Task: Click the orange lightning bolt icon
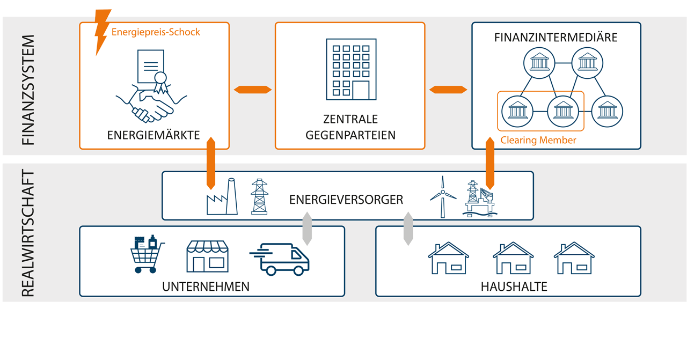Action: coord(103,31)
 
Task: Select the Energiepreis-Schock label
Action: coord(156,32)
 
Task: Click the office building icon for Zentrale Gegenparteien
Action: coord(351,70)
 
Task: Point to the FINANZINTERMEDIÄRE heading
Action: coord(556,38)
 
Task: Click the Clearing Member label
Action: coord(538,140)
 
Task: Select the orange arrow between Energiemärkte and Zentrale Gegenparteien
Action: coord(253,90)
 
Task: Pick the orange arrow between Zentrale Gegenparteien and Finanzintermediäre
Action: coord(448,90)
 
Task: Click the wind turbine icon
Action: coord(443,197)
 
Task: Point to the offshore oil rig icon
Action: coord(480,199)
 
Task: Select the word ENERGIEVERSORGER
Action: coord(346,200)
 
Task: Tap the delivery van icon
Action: coord(280,259)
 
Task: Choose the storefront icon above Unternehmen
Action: coord(207,256)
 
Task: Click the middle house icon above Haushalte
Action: coord(513,259)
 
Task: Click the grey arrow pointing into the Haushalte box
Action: coord(408,229)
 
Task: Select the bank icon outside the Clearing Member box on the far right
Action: coord(607,111)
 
